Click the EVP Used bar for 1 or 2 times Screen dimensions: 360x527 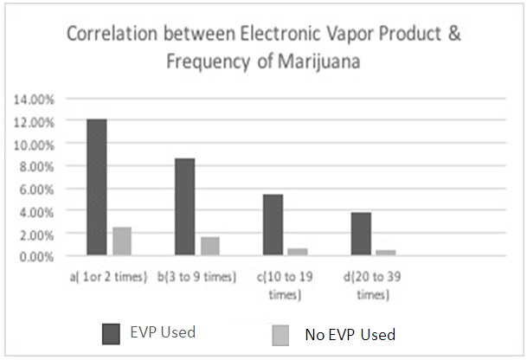click(96, 187)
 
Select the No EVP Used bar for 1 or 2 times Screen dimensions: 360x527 click(122, 241)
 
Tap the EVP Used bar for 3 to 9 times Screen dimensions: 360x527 click(184, 207)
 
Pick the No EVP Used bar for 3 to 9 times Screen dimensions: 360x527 click(209, 247)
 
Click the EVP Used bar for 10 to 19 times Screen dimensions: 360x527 click(273, 225)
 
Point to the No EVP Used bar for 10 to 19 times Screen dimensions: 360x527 click(298, 252)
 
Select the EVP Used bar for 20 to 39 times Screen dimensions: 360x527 click(361, 234)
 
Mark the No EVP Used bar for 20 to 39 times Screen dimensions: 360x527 click(386, 253)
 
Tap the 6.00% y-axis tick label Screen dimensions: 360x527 click(36, 190)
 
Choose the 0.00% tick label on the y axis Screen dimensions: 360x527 click(36, 256)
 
